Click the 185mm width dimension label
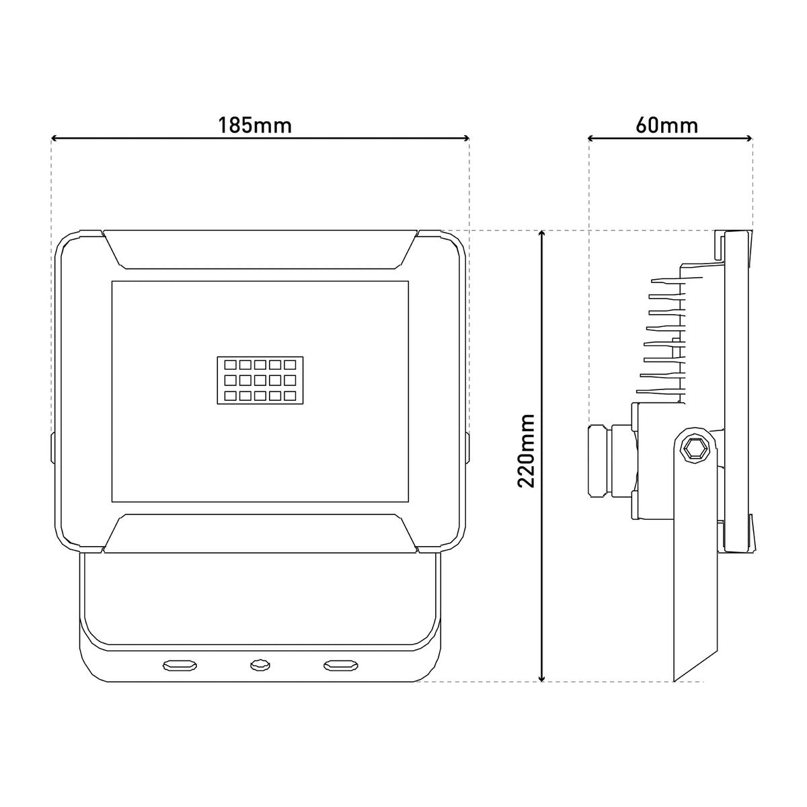click(x=255, y=125)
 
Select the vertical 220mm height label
click(x=527, y=451)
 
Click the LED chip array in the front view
click(x=260, y=380)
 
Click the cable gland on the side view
click(x=601, y=460)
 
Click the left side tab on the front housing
click(x=53, y=447)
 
